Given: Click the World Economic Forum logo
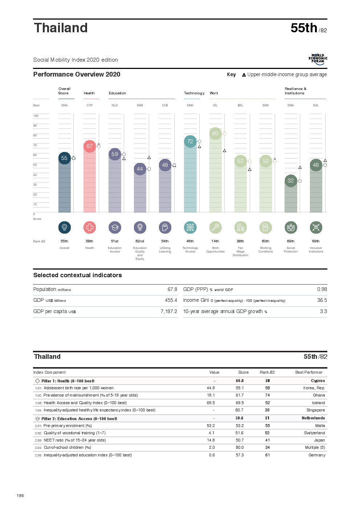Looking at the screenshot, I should (318, 59).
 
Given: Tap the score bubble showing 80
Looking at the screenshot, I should (215, 134).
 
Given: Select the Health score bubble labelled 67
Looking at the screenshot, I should (90, 146).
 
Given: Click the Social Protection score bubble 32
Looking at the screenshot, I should (291, 181).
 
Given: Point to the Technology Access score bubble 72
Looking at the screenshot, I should (190, 141).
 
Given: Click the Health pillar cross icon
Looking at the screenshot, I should (90, 227).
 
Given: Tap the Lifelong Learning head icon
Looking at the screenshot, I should (165, 227).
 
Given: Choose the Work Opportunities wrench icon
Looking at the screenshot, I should (215, 227).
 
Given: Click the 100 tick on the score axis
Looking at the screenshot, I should (36, 116).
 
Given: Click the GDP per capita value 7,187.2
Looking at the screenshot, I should (169, 312).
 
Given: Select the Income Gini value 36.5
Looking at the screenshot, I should (322, 300).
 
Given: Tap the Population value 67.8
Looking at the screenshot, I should (172, 290).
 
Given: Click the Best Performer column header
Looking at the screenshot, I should (309, 373).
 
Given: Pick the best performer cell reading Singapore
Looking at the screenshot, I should (316, 410).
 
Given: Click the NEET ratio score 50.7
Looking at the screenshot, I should (240, 440).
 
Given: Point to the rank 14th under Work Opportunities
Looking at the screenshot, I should (215, 241).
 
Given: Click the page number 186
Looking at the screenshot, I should (20, 496).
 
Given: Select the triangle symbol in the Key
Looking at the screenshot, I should (244, 75).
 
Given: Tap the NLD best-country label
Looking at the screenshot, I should (115, 106).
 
